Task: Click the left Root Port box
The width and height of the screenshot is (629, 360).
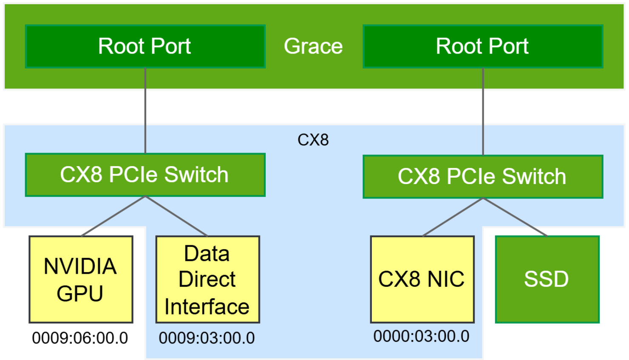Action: [145, 46]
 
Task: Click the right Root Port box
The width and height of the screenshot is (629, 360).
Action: [483, 46]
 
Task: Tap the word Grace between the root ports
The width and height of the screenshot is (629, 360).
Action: [313, 46]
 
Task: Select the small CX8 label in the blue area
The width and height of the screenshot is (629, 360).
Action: [313, 140]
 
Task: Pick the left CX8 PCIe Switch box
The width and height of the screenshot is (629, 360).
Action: [145, 175]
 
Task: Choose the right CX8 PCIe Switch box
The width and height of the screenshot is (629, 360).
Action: [483, 176]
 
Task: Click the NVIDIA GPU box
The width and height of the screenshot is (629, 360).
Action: [81, 279]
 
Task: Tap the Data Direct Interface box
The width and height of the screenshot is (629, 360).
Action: [207, 279]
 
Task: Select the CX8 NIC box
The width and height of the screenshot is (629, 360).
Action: [422, 279]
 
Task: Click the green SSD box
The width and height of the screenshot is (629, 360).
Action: [547, 279]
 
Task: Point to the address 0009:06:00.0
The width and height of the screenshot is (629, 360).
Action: [80, 338]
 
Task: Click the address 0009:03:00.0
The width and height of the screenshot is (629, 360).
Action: [207, 338]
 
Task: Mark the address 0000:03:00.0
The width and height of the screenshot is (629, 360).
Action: [421, 336]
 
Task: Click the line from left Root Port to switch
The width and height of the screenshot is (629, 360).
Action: [145, 111]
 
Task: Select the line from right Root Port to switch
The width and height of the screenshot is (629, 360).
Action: [483, 111]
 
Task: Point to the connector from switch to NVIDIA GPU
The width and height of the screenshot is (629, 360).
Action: [113, 216]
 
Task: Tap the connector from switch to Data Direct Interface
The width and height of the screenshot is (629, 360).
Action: [176, 216]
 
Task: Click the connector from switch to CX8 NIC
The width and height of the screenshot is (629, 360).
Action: [453, 217]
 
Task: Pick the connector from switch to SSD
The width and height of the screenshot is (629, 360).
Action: [515, 217]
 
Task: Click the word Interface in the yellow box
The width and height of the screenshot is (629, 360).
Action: [207, 307]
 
